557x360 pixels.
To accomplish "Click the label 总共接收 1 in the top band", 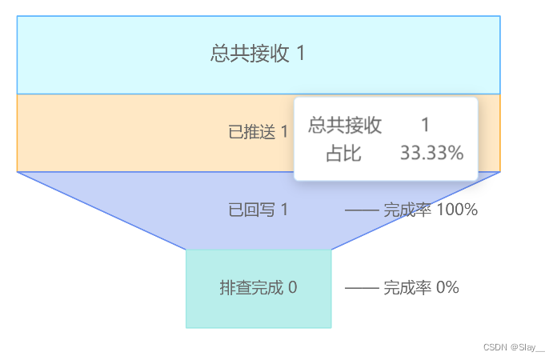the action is (258, 54).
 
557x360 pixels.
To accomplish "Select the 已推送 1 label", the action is (258, 133).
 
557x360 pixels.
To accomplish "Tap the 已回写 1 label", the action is (258, 210).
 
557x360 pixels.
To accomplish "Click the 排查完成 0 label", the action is (258, 288).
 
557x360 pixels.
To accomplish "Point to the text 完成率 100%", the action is (430, 210).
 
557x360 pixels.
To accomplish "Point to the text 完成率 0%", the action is (421, 288).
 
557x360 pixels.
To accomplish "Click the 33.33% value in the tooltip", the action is (431, 153).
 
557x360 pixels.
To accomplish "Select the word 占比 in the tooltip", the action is (343, 153).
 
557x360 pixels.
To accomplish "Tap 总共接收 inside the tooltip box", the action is (345, 125).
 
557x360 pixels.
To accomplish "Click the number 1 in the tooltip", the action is (426, 125).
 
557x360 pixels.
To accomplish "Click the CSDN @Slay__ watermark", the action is (514, 348).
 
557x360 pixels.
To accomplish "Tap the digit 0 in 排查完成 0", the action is (292, 288).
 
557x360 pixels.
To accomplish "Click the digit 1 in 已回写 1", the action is (284, 210).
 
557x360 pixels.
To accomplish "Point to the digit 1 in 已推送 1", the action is (284, 133).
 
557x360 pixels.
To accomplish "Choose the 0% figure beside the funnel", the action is (447, 288).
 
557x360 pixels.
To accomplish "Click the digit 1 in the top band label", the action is (300, 54).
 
